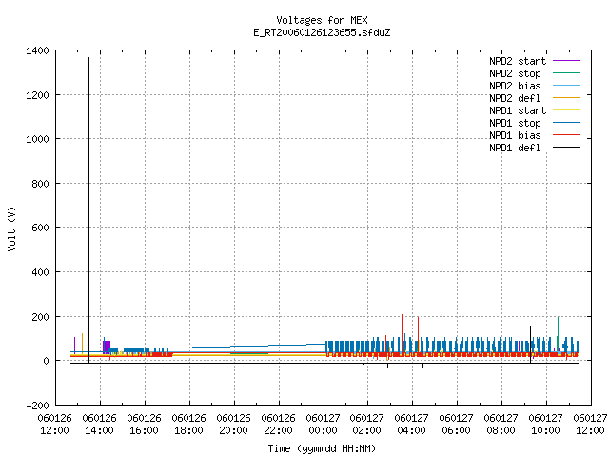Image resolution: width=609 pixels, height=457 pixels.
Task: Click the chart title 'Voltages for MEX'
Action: [322, 20]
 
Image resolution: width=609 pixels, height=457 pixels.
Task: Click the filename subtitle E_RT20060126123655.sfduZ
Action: [322, 32]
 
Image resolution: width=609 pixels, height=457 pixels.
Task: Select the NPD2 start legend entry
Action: [535, 61]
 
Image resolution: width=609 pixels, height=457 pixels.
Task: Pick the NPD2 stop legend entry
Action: [535, 73]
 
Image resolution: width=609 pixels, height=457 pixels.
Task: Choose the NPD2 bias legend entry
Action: [535, 86]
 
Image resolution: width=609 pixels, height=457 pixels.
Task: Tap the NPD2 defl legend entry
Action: [535, 98]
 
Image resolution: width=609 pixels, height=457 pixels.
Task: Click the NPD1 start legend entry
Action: [535, 110]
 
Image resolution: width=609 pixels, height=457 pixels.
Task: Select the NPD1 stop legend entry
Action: [535, 123]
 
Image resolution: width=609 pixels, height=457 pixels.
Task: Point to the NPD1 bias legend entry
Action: [535, 135]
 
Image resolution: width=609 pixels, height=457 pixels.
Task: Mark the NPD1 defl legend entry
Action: [535, 149]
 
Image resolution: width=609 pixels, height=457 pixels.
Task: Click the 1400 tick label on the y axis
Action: [37, 50]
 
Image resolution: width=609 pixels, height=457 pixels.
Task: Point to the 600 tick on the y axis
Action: [40, 228]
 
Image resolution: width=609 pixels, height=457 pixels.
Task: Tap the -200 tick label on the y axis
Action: [37, 406]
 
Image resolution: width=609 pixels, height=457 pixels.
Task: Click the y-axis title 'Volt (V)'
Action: [11, 228]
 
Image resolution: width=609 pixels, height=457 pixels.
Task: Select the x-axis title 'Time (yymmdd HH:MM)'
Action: [322, 448]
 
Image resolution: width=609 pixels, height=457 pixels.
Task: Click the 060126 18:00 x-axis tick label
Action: [188, 425]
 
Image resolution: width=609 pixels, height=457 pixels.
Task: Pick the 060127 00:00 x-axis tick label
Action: [323, 425]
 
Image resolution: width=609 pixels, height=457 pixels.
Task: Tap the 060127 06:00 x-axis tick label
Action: [457, 425]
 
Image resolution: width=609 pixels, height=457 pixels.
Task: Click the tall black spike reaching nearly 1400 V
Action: [88, 210]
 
